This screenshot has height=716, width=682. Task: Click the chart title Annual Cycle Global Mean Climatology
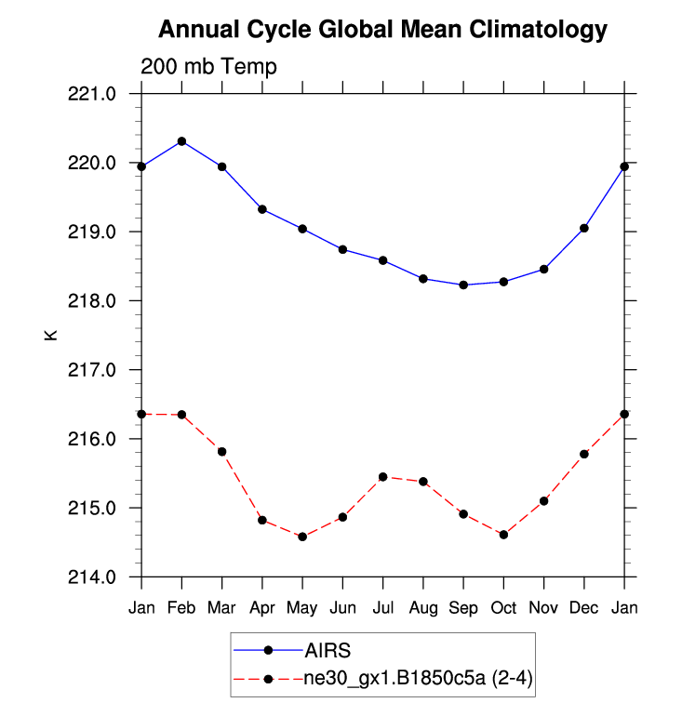pyautogui.click(x=382, y=30)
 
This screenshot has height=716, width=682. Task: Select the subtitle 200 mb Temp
pyautogui.click(x=208, y=67)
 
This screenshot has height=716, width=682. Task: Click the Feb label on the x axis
pyautogui.click(x=181, y=608)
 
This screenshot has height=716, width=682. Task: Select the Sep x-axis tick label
pyautogui.click(x=463, y=608)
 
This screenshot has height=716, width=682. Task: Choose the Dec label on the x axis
pyautogui.click(x=584, y=608)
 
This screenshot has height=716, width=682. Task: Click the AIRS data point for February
pyautogui.click(x=181, y=141)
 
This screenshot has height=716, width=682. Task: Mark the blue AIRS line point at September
pyautogui.click(x=463, y=285)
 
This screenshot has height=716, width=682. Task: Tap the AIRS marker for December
pyautogui.click(x=584, y=228)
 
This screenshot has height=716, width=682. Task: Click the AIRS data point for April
pyautogui.click(x=262, y=209)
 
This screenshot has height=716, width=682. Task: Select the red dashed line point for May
pyautogui.click(x=302, y=537)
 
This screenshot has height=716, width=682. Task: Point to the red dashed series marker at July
pyautogui.click(x=382, y=477)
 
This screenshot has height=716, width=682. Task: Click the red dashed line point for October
pyautogui.click(x=503, y=535)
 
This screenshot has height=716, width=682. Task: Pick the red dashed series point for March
pyautogui.click(x=221, y=452)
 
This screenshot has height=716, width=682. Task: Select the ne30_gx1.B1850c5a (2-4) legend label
pyautogui.click(x=416, y=679)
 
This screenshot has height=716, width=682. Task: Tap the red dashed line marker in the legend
pyautogui.click(x=268, y=679)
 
